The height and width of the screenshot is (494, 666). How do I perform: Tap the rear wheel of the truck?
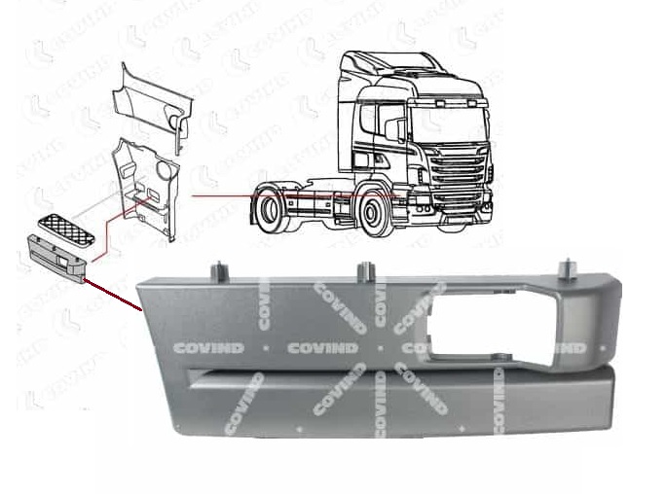[x=270, y=205]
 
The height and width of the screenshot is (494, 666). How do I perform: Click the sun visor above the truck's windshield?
[x=449, y=101]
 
